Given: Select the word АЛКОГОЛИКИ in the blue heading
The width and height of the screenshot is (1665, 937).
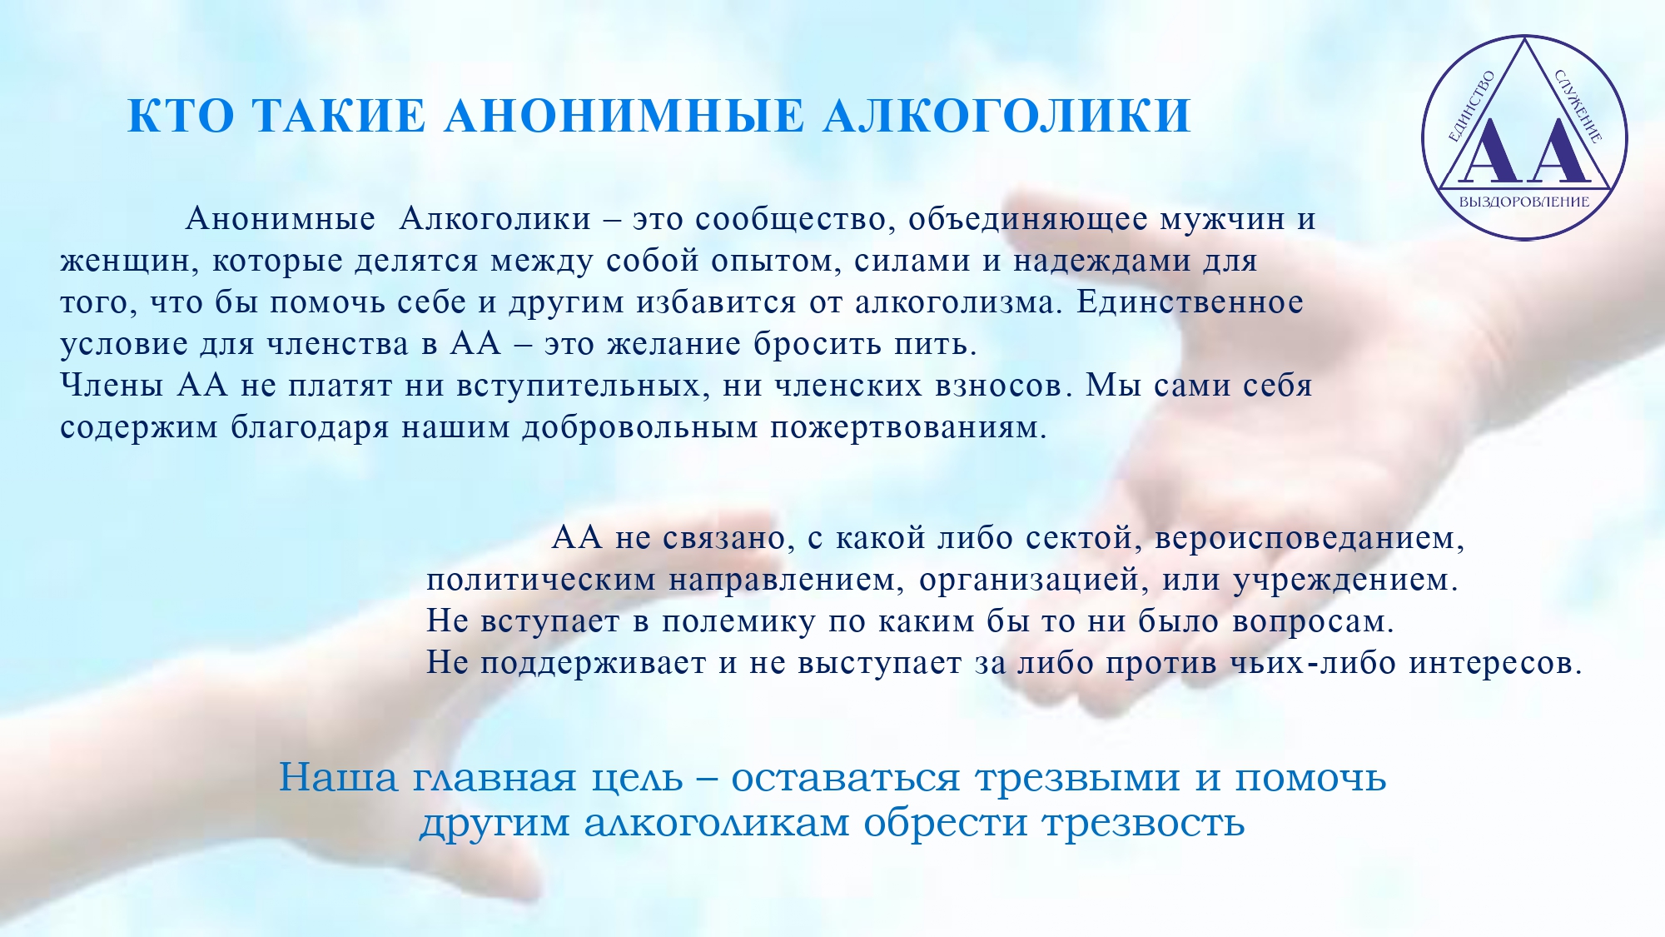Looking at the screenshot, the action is pyautogui.click(x=1007, y=116).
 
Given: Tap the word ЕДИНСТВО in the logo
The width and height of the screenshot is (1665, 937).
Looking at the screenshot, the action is pyautogui.click(x=1472, y=107).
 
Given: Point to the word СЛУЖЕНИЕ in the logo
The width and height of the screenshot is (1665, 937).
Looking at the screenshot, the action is pyautogui.click(x=1578, y=107).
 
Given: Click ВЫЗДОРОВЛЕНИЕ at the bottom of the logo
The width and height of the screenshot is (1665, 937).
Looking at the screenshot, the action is pyautogui.click(x=1524, y=202).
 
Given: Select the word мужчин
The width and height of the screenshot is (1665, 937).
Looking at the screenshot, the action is pyautogui.click(x=1222, y=220).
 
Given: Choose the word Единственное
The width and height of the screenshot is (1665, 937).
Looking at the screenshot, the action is pyautogui.click(x=1190, y=302).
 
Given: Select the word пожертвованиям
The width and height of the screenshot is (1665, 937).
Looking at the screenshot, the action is pyautogui.click(x=908, y=428).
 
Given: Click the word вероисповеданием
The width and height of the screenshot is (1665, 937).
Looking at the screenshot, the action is pyautogui.click(x=1310, y=539).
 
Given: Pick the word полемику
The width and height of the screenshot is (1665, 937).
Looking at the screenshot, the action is pyautogui.click(x=738, y=622).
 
